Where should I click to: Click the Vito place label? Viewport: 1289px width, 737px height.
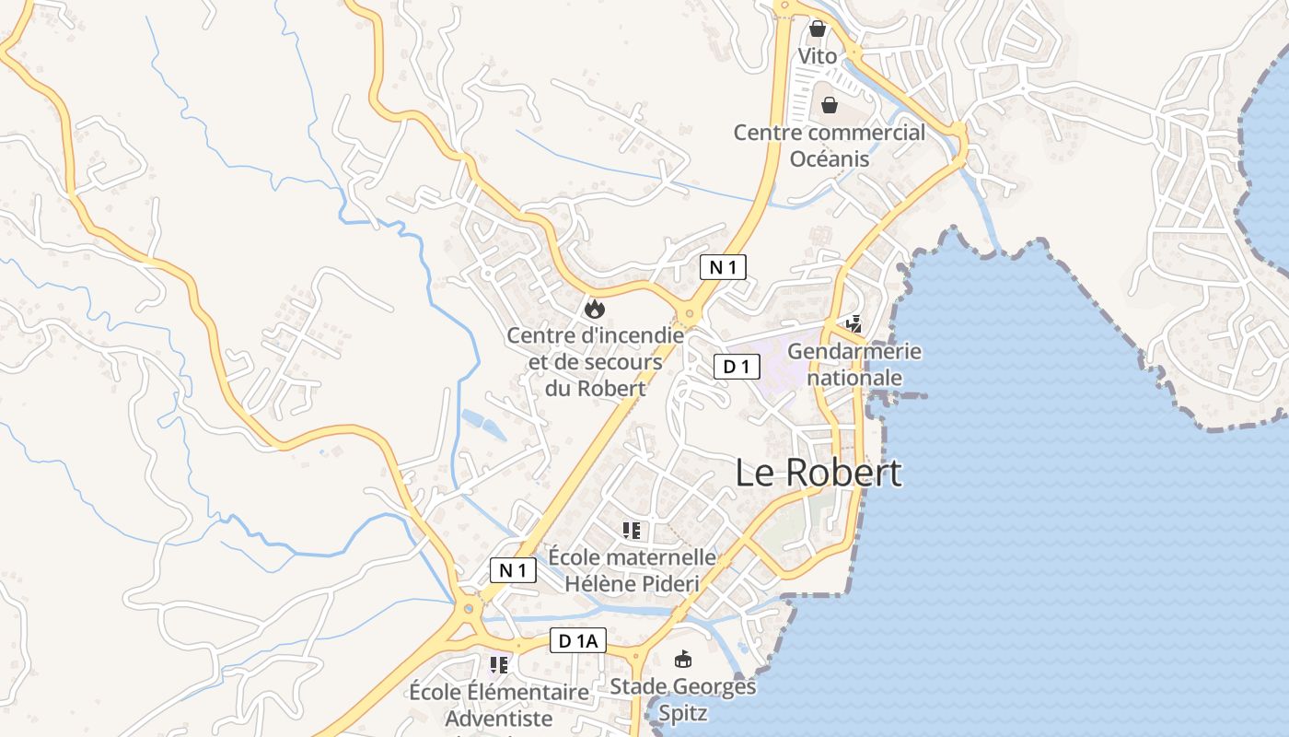click(x=818, y=56)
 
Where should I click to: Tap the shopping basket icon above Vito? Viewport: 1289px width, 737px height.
click(x=817, y=29)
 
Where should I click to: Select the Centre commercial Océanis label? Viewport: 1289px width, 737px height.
click(x=829, y=146)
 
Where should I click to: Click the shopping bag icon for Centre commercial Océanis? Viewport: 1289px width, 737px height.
click(x=829, y=104)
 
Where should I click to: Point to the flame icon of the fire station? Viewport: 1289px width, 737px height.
click(x=595, y=308)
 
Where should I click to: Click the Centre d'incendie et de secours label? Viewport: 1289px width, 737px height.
click(x=595, y=362)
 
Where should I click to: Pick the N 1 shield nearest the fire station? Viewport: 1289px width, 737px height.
click(x=723, y=267)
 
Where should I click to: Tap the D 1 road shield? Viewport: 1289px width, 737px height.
click(x=737, y=367)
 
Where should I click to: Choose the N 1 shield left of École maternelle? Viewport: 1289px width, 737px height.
click(x=512, y=570)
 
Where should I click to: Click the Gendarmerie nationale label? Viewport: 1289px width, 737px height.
click(x=854, y=365)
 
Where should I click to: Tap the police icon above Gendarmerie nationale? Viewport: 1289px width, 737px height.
click(x=854, y=323)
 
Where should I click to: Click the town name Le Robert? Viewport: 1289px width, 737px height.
click(x=819, y=473)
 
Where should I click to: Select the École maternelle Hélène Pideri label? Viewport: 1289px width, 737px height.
click(x=632, y=570)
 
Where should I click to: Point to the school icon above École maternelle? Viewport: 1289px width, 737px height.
click(x=631, y=530)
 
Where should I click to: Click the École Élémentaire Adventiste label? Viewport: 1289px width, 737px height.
click(x=499, y=705)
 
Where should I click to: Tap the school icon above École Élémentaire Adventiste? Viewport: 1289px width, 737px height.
click(x=499, y=664)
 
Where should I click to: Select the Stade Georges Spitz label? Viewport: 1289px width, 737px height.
click(x=682, y=699)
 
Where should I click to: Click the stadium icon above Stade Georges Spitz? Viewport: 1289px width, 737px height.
click(x=683, y=659)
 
